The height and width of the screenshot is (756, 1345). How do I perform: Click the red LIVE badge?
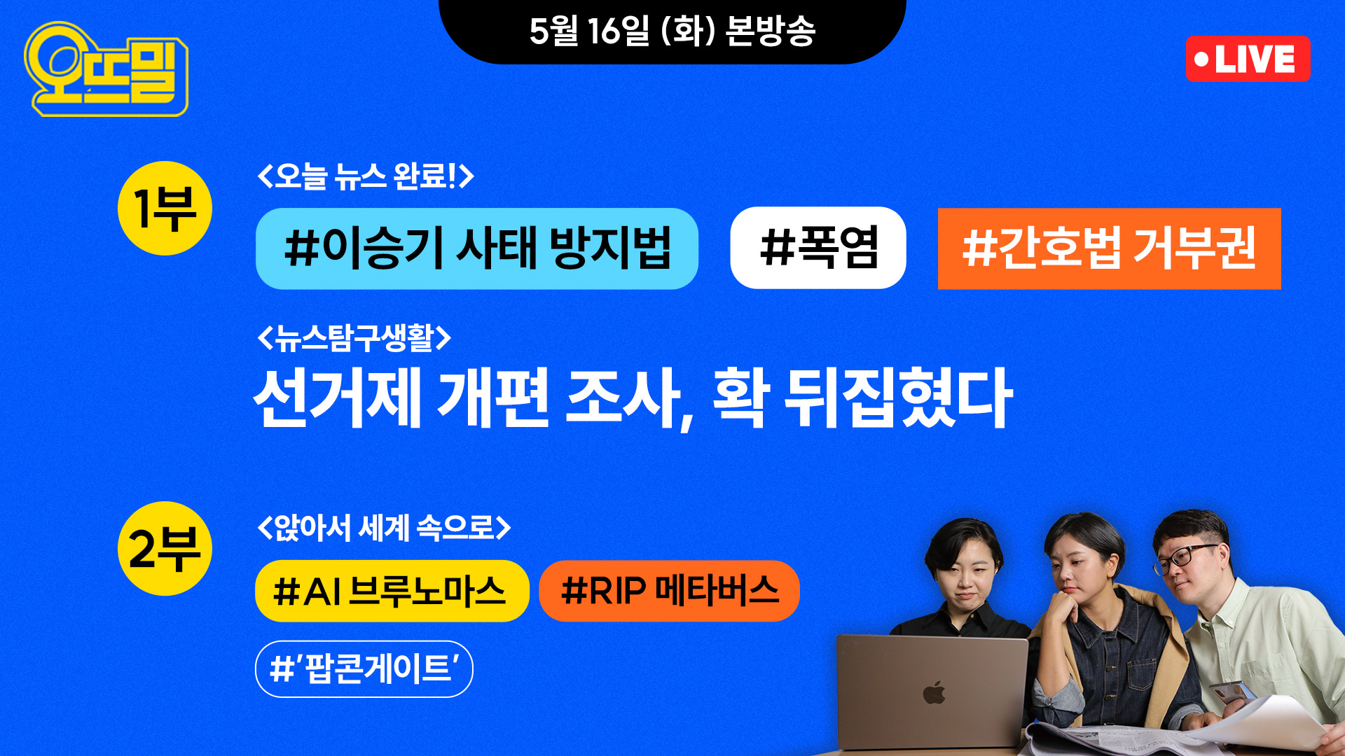1248,59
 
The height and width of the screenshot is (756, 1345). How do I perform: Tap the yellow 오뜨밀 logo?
106,69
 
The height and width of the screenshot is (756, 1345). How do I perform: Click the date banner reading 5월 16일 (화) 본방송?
672,31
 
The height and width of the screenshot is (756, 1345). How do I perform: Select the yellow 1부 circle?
165,209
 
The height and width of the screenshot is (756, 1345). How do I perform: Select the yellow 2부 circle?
165,549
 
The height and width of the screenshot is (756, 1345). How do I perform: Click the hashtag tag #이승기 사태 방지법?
477,248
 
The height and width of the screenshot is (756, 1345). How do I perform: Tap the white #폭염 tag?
818,248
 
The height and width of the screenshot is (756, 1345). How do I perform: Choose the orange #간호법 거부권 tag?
1110,248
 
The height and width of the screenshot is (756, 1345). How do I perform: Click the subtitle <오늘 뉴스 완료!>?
366,176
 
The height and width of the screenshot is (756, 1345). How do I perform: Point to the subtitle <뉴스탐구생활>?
354,338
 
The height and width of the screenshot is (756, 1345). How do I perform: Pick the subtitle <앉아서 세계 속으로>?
384,527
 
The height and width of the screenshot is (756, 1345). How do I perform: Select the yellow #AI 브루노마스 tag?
392,591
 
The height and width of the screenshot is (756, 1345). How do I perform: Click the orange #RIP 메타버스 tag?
670,591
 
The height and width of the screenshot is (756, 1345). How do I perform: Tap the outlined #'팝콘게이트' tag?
364,669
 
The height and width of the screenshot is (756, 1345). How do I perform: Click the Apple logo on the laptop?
934,692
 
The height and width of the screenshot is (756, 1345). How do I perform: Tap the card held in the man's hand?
1232,692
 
